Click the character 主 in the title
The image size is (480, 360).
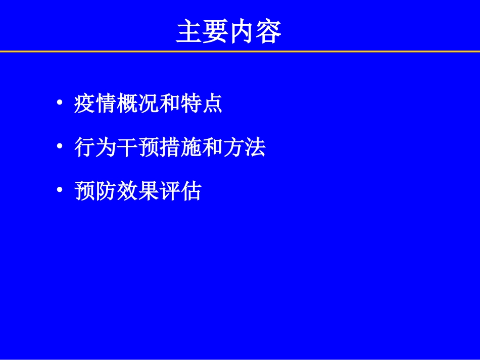[x=189, y=31]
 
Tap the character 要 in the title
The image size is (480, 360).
[x=215, y=31]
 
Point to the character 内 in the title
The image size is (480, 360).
[x=242, y=31]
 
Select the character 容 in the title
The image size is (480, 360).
[x=268, y=31]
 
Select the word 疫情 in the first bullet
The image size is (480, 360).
[x=95, y=104]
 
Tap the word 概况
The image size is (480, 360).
[x=137, y=104]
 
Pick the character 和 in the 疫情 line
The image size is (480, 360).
[x=170, y=104]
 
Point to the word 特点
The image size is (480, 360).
[x=202, y=104]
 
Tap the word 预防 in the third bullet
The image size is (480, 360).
[x=95, y=191]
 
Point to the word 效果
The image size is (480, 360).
[x=137, y=191]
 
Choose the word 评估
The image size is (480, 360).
[x=180, y=191]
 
